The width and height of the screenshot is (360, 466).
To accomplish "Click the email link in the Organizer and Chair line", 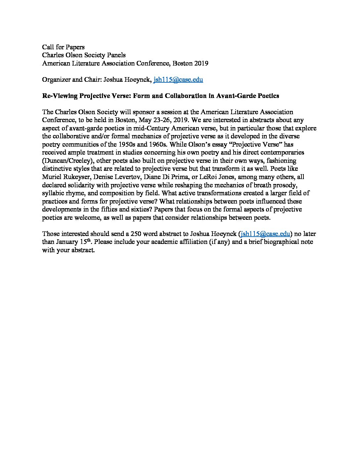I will tap(178, 79).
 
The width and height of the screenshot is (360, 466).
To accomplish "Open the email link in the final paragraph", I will tap(266, 234).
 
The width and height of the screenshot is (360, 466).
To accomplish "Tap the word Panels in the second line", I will tap(115, 55).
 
